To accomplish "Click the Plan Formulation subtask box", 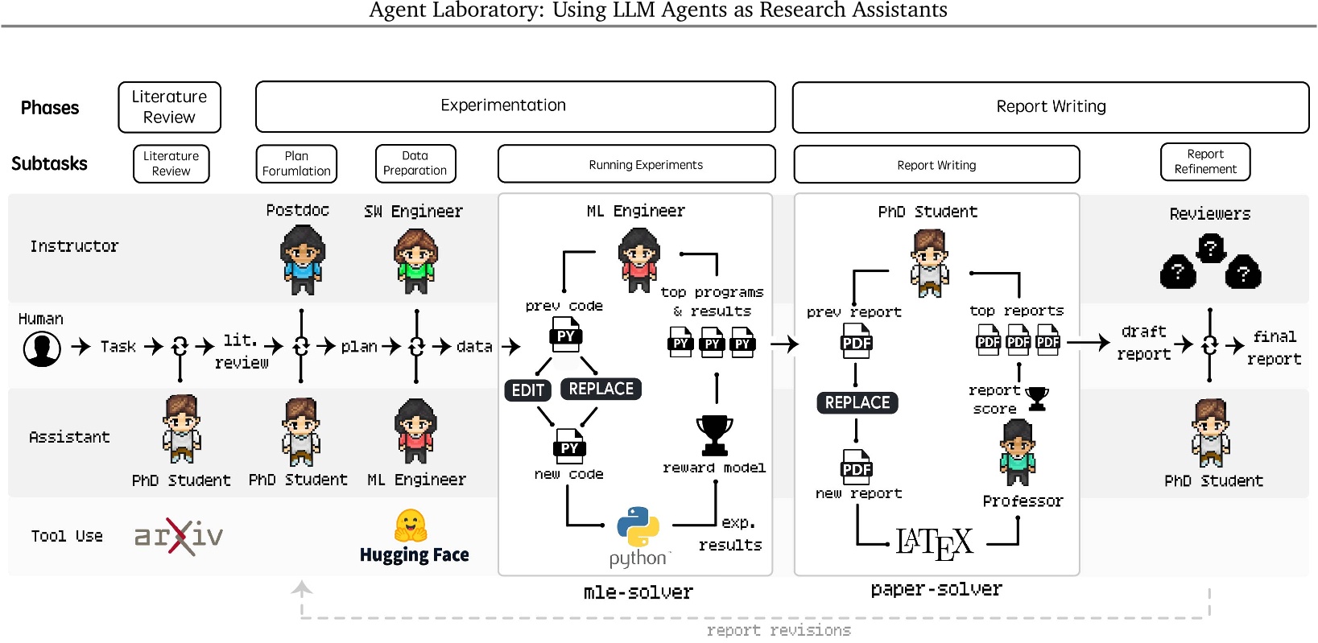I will tap(296, 163).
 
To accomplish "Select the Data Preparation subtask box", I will tap(415, 163).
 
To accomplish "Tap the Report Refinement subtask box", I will tap(1204, 162).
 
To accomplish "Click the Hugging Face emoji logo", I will tap(411, 526).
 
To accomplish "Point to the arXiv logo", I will tap(179, 536).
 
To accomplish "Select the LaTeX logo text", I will tap(934, 543).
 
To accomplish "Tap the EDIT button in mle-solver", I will tap(528, 390).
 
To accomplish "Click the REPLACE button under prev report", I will tap(857, 402).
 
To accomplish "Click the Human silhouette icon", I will tap(42, 349).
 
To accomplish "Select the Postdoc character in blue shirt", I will tap(302, 259).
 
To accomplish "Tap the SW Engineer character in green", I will tap(415, 261).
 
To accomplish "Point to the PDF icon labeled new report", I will tap(857, 466).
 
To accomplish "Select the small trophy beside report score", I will tap(1038, 398).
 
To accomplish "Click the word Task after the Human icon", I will tap(118, 347).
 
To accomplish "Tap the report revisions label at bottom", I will tap(778, 630).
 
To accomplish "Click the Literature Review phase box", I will tap(169, 107).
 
